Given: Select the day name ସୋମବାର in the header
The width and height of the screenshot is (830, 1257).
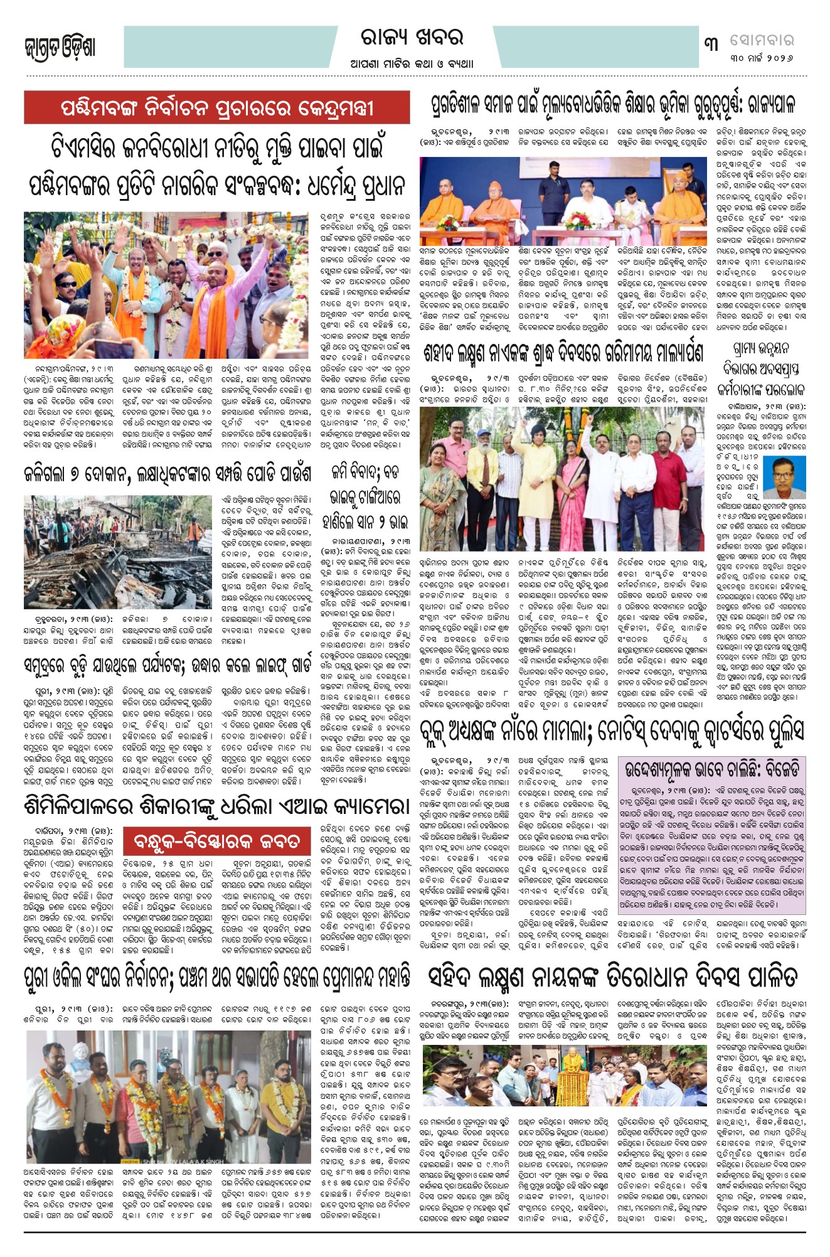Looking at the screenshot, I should tap(762, 40).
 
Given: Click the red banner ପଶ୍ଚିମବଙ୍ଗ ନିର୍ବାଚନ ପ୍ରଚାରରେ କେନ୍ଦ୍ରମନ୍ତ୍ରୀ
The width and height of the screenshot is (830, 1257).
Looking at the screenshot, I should tap(217, 108).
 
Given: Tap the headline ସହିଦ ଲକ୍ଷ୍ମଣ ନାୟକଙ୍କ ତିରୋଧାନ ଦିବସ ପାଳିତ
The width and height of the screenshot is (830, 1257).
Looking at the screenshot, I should tap(612, 977).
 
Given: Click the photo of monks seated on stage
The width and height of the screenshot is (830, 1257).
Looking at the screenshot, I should tap(563, 193).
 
